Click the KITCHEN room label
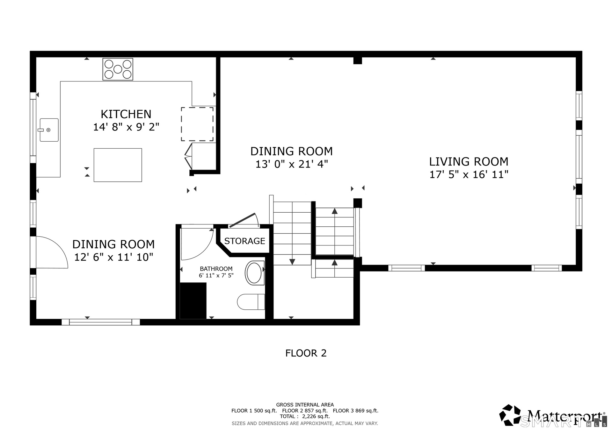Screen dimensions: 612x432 tap(126, 114)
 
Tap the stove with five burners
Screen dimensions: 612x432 tap(118, 69)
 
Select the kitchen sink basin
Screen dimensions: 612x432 tap(49, 130)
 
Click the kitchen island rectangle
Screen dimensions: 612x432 tap(118, 165)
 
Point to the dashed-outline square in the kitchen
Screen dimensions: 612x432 tap(197, 124)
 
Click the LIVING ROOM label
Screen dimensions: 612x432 tap(469, 162)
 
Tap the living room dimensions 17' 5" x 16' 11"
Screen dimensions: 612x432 tap(469, 174)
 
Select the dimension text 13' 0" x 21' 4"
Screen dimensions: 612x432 tap(292, 164)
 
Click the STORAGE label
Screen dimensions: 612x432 tap(245, 241)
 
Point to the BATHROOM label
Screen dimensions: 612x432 tap(216, 269)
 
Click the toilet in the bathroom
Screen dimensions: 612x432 tap(251, 302)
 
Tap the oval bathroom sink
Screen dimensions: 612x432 tap(254, 273)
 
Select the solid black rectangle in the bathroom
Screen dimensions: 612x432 tap(193, 301)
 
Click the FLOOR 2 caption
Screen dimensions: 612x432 tap(306, 353)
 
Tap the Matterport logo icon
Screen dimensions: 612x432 tap(510, 415)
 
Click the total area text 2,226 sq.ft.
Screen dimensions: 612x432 tap(316, 416)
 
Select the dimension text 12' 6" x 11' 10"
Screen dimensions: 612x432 tap(114, 257)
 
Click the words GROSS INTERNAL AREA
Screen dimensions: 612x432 tap(305, 405)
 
